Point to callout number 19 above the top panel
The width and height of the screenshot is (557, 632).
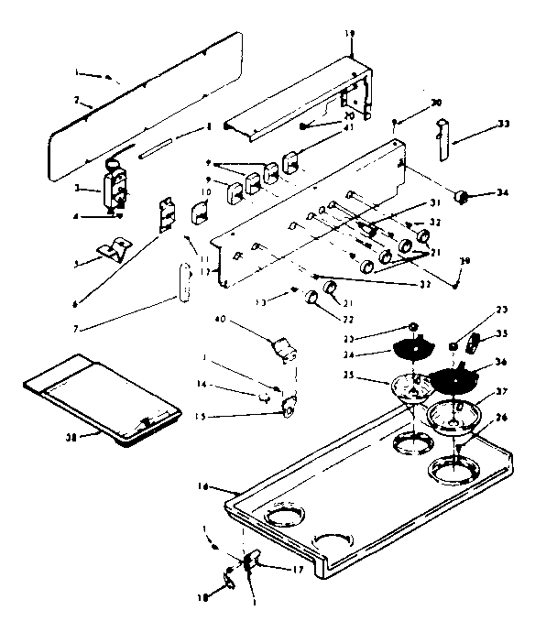coord(348,33)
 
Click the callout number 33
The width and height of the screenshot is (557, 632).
coord(504,123)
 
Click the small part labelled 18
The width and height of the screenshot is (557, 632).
coord(228,579)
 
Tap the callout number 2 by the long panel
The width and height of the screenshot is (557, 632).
coord(76,100)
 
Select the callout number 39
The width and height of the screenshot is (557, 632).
coord(465,261)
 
